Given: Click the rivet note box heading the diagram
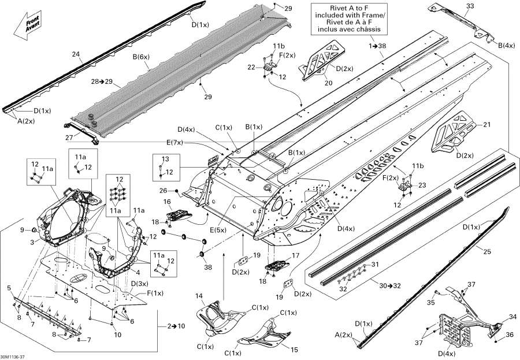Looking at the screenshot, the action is [348, 18].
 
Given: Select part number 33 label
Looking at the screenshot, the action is [470, 6].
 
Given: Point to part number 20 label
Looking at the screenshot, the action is [328, 83].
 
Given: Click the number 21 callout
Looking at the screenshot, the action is [486, 124].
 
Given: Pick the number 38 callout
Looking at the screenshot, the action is [208, 267].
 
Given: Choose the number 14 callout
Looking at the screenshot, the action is [199, 296].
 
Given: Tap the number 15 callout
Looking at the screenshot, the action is [294, 350].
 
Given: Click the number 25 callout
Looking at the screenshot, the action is [487, 252].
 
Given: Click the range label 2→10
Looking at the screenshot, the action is [176, 326].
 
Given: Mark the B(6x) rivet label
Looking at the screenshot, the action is [142, 57].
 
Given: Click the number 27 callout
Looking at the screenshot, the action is [69, 137].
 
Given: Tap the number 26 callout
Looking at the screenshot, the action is [163, 191].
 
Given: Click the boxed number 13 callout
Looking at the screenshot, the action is [165, 159].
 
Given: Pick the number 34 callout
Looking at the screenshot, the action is [512, 317].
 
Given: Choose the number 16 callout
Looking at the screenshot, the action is [167, 202].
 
